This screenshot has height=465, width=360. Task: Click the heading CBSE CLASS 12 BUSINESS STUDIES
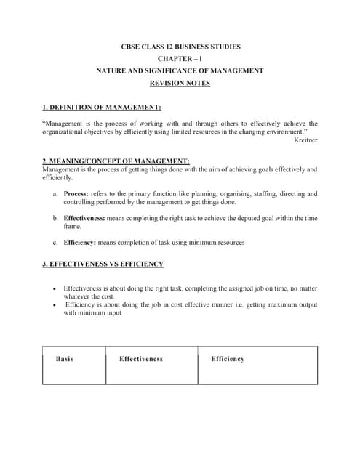[180, 46]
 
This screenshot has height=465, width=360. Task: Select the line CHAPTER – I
[180, 59]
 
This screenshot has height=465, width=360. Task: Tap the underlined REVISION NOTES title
[180, 83]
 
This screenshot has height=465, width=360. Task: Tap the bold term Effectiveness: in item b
[84, 218]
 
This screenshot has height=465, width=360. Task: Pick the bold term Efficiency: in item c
[80, 242]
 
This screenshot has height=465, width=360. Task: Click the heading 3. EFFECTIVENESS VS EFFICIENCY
[103, 264]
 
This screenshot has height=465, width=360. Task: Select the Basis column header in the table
[65, 359]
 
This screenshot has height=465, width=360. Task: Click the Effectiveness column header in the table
[141, 359]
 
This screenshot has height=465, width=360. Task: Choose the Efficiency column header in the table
[228, 359]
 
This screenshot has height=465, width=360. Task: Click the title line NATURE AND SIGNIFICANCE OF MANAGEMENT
[180, 70]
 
